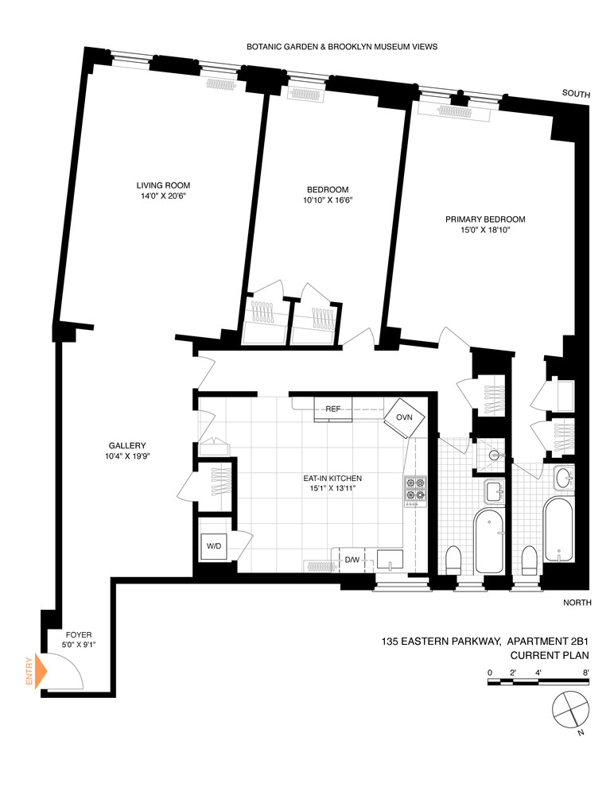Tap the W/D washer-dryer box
[x=215, y=547]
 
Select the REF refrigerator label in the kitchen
[x=333, y=409]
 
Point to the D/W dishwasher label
[x=352, y=560]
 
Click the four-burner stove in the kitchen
[x=415, y=491]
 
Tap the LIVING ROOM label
[x=162, y=185]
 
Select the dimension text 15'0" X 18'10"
[x=485, y=231]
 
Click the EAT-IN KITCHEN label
[x=332, y=478]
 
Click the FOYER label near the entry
[x=80, y=634]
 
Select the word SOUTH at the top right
[x=576, y=95]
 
